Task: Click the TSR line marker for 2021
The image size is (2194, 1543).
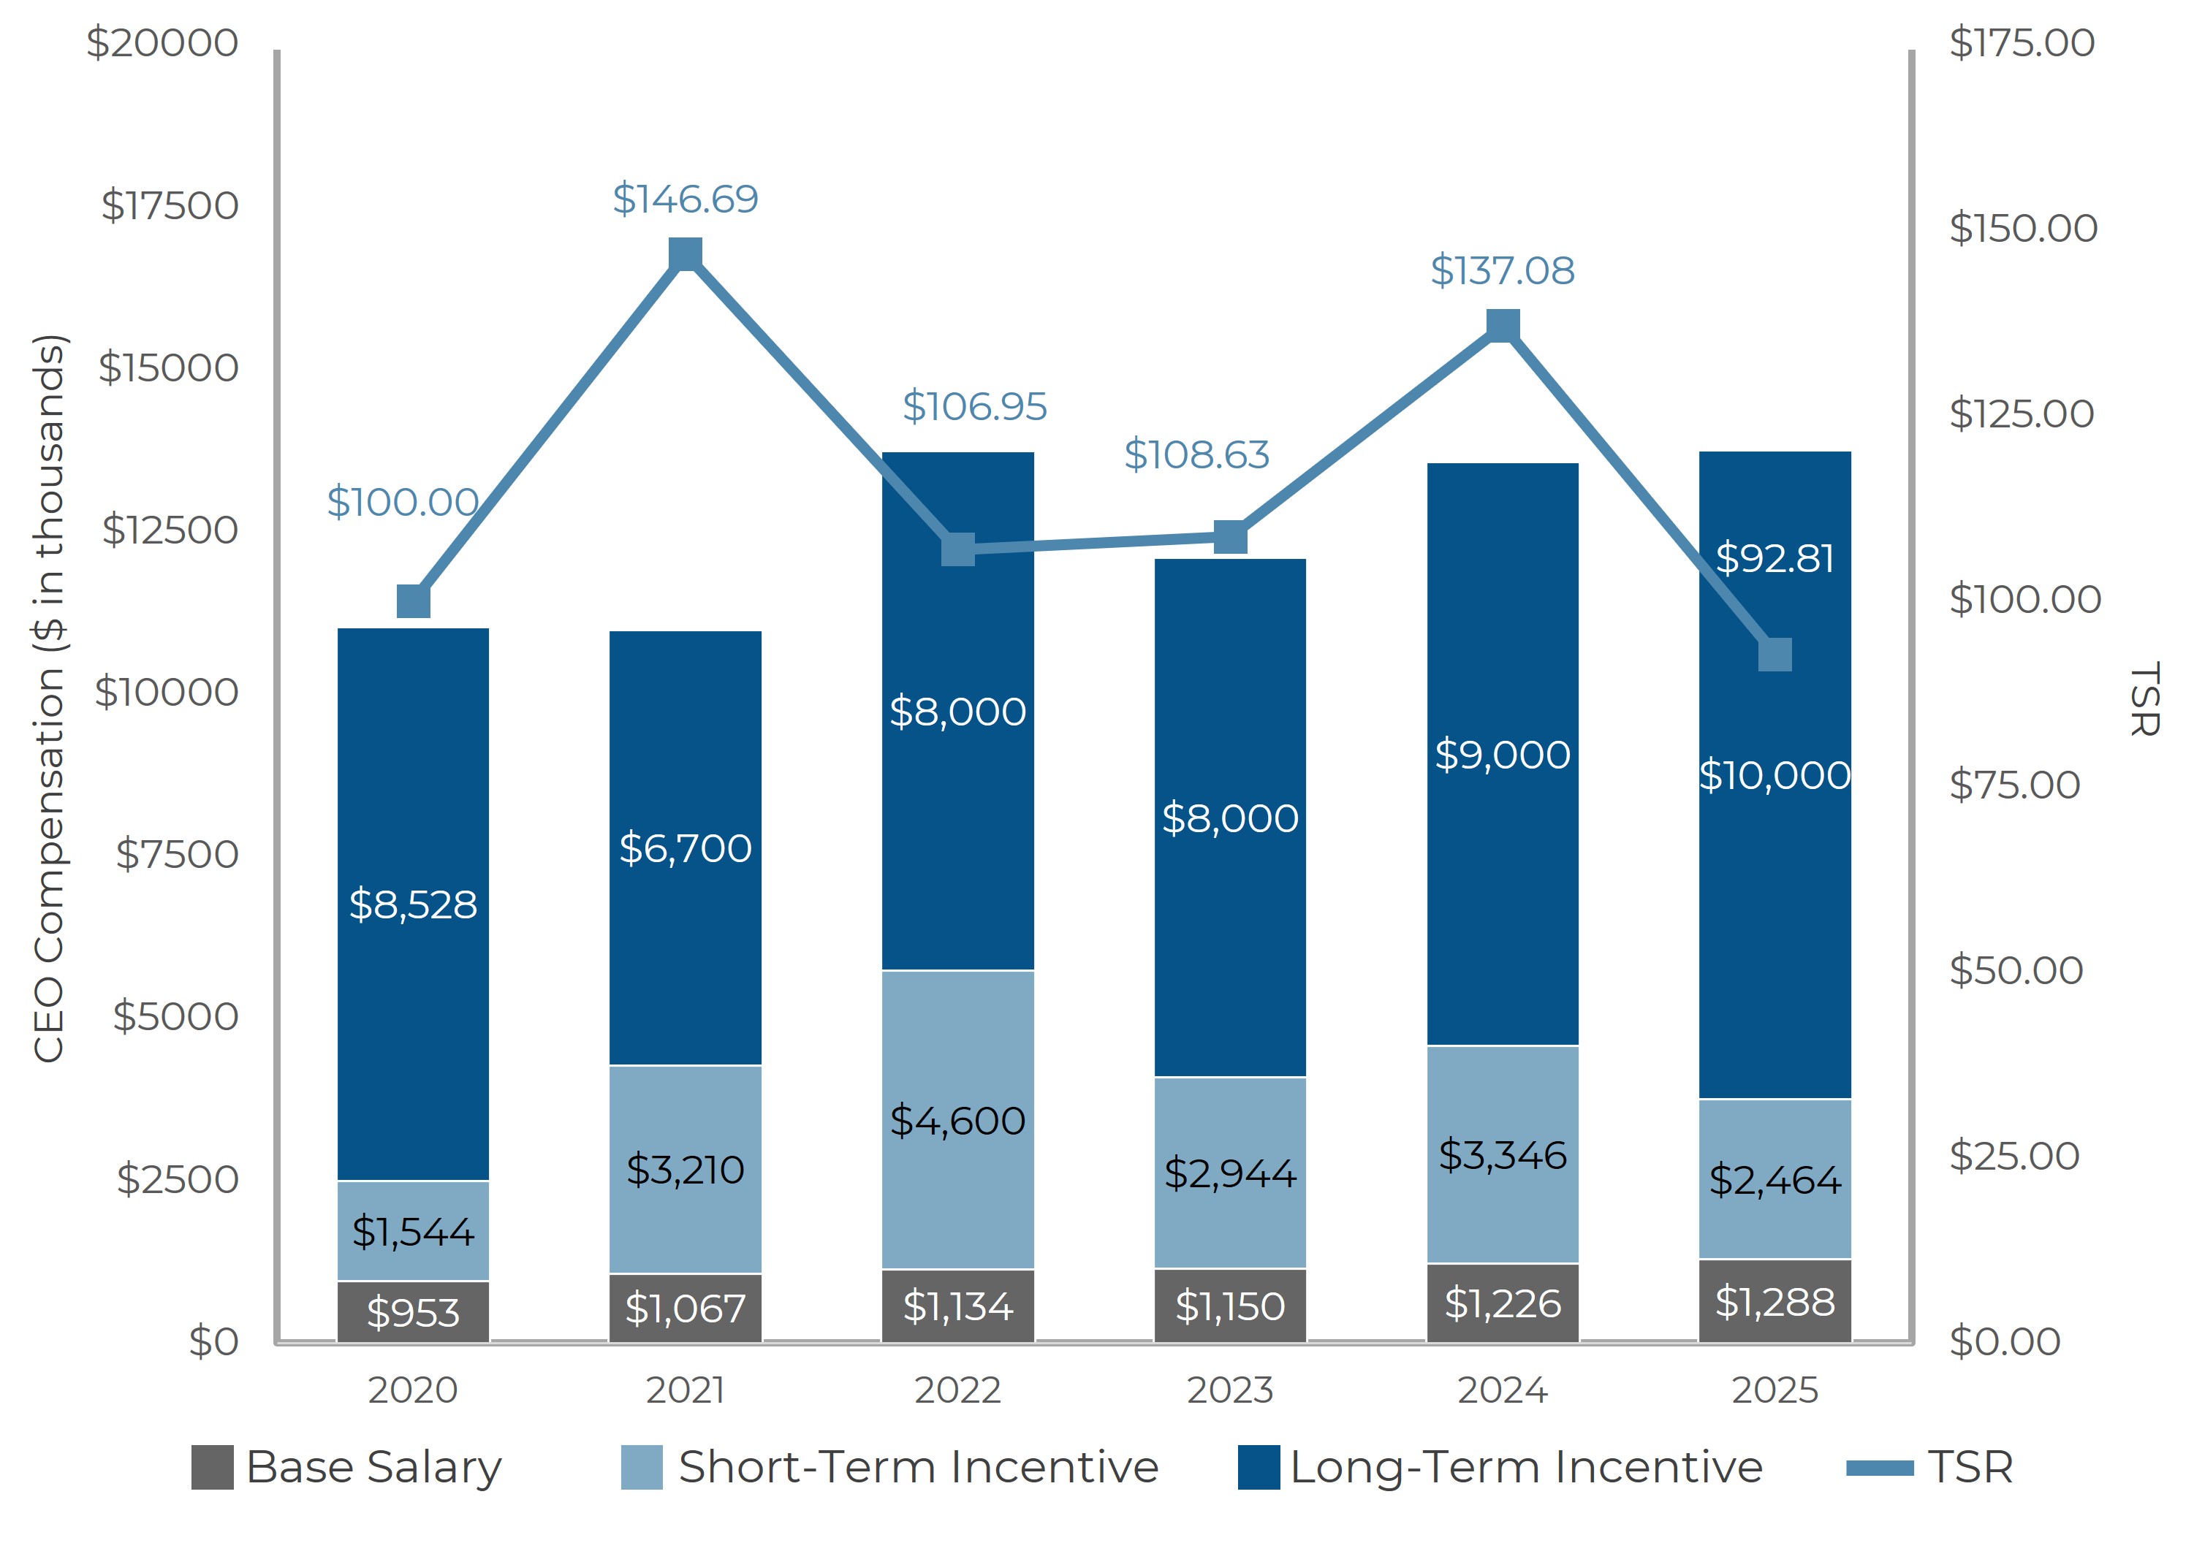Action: pyautogui.click(x=685, y=254)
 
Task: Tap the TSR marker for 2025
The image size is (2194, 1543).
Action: pyautogui.click(x=1774, y=655)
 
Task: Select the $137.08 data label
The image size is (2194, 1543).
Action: pyautogui.click(x=1501, y=270)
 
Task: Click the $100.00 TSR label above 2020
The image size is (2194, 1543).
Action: pyautogui.click(x=402, y=503)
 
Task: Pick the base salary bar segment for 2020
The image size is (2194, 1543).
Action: pyautogui.click(x=413, y=1312)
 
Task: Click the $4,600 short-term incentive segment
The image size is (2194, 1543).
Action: pyautogui.click(x=957, y=1121)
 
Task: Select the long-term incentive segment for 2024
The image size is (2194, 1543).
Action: pyautogui.click(x=1502, y=754)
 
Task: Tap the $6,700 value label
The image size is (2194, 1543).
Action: pyautogui.click(x=685, y=848)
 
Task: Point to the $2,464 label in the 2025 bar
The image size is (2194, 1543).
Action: pyautogui.click(x=1774, y=1180)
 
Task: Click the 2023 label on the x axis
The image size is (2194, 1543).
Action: pyautogui.click(x=1230, y=1390)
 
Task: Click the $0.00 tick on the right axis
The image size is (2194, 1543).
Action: pyautogui.click(x=2005, y=1341)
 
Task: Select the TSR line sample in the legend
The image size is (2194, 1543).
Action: pyautogui.click(x=1880, y=1468)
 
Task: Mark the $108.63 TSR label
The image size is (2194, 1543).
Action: pyautogui.click(x=1196, y=454)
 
